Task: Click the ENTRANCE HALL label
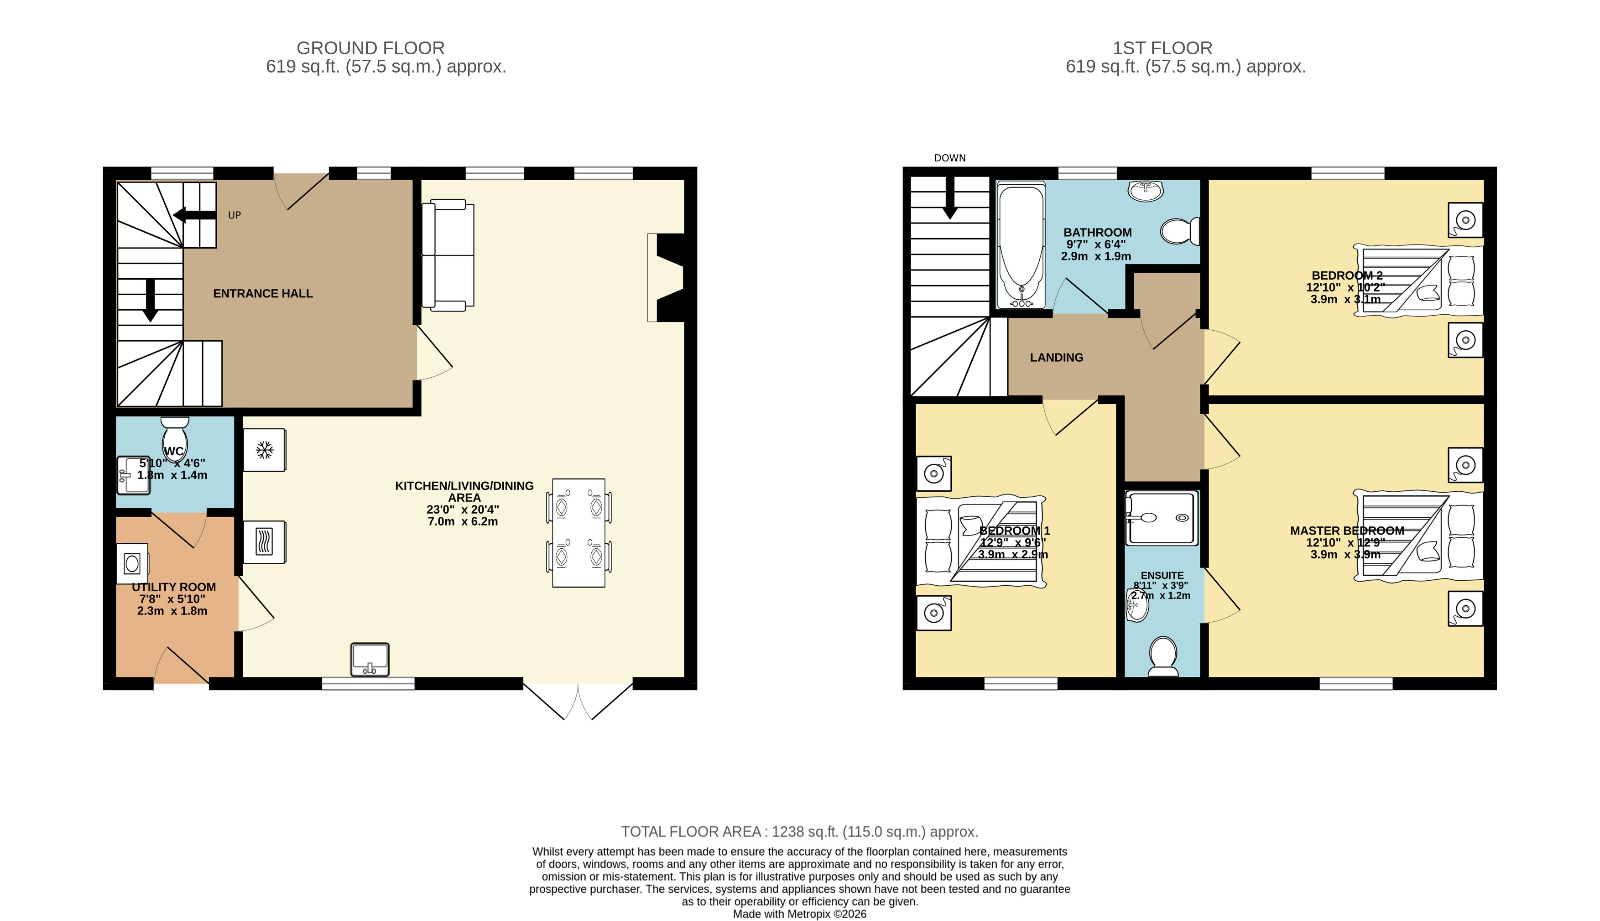click(x=262, y=293)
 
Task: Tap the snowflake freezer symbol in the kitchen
click(x=265, y=450)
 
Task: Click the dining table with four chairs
click(x=578, y=533)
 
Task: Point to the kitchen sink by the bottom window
click(x=370, y=659)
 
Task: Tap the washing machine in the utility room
click(x=132, y=563)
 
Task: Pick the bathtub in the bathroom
click(x=1021, y=245)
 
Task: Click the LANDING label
click(x=1057, y=357)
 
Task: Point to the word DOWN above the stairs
click(x=949, y=158)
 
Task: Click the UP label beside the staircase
click(x=234, y=215)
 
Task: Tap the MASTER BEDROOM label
click(x=1347, y=531)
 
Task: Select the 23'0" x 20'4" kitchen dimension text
click(x=463, y=509)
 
